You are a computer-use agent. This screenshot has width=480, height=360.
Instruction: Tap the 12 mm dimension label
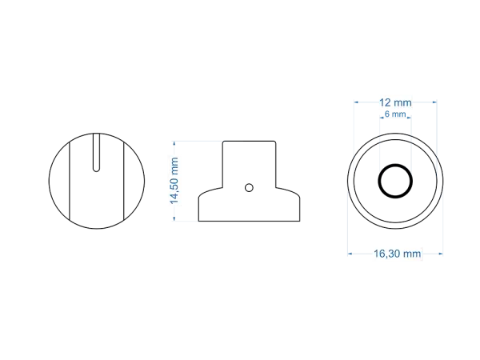click(396, 102)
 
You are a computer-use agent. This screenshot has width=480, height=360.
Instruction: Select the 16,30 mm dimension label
click(397, 254)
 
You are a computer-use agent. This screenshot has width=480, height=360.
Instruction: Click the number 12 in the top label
click(386, 102)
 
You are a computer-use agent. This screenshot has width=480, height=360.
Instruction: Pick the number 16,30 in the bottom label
click(387, 254)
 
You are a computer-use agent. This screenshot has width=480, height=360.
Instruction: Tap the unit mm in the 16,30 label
click(411, 254)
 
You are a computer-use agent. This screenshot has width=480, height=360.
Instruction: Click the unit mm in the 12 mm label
click(404, 102)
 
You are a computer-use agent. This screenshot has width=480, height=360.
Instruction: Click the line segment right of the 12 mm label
click(426, 102)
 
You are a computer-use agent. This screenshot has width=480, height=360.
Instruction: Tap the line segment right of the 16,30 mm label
click(434, 254)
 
